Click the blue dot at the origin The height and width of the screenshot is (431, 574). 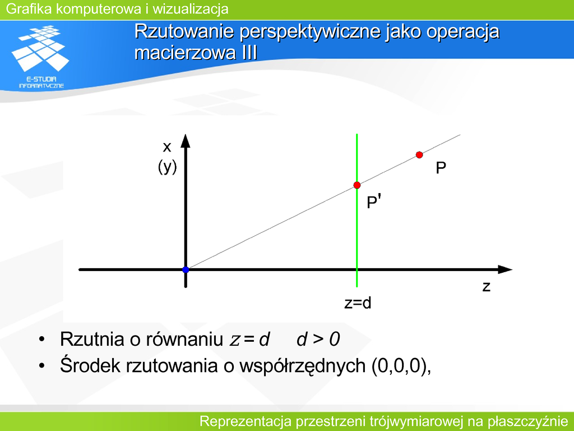click(x=186, y=270)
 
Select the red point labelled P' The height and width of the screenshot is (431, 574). click(x=357, y=185)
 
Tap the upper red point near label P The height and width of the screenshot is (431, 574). click(x=419, y=155)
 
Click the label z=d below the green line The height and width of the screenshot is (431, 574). click(x=358, y=303)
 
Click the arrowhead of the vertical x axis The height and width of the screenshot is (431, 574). click(x=186, y=141)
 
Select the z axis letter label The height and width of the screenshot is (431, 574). click(x=486, y=286)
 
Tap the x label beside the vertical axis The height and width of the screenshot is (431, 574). click(x=167, y=148)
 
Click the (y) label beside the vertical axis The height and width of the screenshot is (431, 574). click(x=167, y=167)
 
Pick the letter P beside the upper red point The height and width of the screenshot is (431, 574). click(x=441, y=168)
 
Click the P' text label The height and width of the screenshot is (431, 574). click(x=374, y=202)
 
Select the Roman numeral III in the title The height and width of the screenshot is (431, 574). click(x=249, y=52)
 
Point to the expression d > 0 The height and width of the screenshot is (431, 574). click(x=318, y=339)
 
